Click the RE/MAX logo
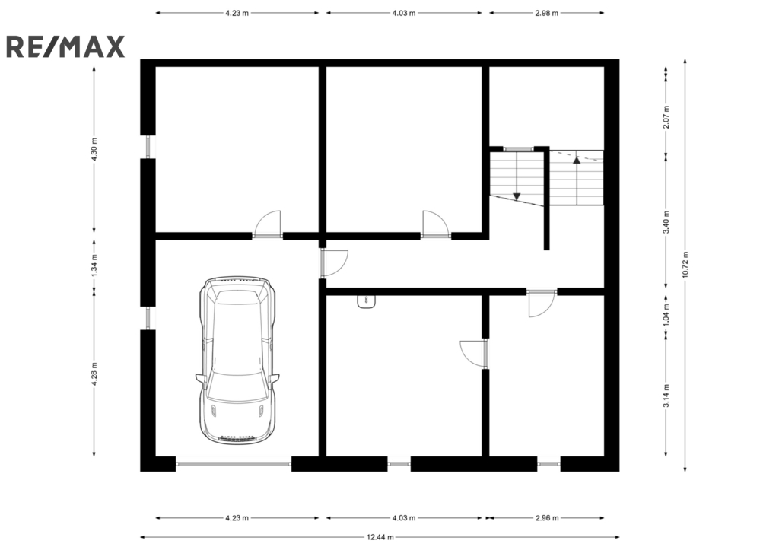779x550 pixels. tap(65, 46)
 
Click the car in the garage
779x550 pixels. tap(237, 361)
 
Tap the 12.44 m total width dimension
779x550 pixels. tap(380, 537)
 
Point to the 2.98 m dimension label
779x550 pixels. tap(546, 14)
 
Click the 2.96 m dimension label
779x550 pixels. tap(547, 518)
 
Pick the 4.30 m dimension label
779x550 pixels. tap(94, 148)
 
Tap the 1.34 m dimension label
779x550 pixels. tap(94, 264)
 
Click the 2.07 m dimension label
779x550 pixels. tap(666, 116)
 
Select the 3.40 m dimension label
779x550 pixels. tap(666, 222)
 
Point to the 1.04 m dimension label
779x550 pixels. tap(666, 314)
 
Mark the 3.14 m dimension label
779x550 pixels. tap(666, 396)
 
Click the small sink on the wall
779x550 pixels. tap(367, 301)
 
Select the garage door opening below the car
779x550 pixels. tap(234, 463)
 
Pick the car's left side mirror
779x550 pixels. tap(200, 379)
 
